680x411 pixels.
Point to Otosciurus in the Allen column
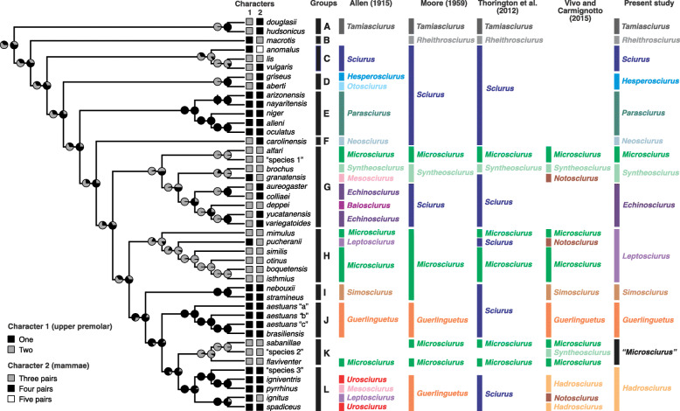[x=363, y=86]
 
